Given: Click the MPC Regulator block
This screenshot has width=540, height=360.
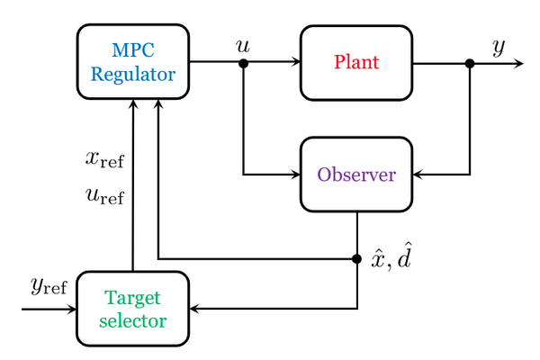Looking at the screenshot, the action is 133,62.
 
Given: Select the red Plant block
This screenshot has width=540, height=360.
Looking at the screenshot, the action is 356,63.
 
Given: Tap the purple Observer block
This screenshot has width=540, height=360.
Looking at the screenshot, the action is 356,175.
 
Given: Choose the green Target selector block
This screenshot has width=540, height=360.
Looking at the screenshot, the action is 133,309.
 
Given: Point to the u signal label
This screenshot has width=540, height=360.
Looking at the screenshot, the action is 243,46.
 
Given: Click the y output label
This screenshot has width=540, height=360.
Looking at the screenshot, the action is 499,47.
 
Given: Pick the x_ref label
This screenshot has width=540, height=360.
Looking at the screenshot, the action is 104,159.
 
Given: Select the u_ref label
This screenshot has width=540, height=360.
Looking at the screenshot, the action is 104,196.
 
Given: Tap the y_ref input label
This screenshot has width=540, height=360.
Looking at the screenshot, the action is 49,286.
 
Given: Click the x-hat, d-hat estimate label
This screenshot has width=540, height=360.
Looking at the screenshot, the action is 391,256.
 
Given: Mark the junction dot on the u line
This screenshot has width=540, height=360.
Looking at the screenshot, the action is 244,63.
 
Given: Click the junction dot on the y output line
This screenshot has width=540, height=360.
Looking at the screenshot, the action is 470,63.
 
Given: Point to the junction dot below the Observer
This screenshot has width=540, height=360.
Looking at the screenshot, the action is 357,258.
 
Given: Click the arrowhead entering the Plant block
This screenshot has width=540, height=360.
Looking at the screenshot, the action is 296,62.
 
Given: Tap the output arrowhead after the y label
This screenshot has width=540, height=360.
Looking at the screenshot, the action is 518,63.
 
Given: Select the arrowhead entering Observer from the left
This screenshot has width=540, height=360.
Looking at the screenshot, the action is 296,175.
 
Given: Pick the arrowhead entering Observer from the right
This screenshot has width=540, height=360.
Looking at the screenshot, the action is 418,175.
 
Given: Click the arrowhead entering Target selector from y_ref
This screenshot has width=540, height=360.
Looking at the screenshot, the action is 72,309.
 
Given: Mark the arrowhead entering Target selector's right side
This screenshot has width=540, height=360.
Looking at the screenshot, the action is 194,309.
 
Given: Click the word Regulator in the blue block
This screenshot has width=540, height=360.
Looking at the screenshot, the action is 133,75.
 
